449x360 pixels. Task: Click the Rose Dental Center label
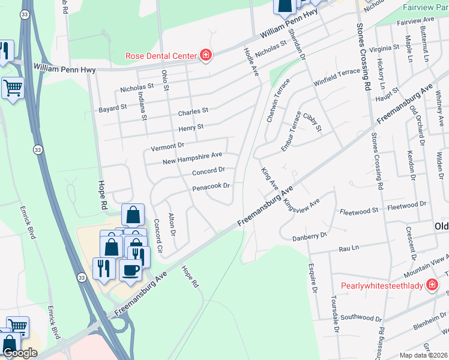coord(161,56)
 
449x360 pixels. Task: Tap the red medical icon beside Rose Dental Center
coord(205,56)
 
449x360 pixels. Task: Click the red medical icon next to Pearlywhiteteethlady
coord(431,285)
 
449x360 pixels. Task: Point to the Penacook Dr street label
coord(211,187)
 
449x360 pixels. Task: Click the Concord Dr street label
coord(208,172)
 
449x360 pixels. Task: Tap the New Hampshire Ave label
coord(193,158)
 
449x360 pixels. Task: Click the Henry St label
coord(191,128)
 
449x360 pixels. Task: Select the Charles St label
coord(193,112)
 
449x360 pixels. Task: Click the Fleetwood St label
coord(358,211)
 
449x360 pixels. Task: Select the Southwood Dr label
coord(361,317)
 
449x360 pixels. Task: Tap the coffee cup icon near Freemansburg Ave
coord(130,269)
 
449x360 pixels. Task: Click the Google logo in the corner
coord(20,353)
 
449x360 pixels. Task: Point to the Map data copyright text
coord(423,355)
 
